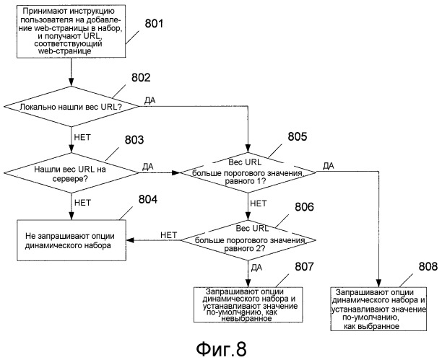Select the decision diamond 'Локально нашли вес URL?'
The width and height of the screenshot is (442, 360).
[72, 107]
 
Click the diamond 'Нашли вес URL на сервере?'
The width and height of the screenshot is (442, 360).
[72, 172]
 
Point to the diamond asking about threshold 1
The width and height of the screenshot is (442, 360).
[248, 172]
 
